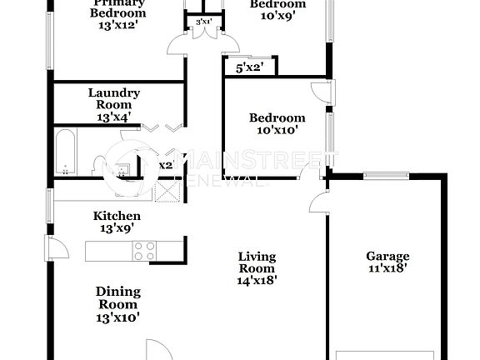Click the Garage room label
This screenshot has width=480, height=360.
387,256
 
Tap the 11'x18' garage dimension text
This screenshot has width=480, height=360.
387,268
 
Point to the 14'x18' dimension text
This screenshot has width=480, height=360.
257,281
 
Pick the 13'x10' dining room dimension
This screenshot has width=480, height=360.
117,317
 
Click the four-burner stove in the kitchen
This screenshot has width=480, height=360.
144,250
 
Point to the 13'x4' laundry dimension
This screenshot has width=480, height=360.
114,118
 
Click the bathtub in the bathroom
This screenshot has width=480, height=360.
66,152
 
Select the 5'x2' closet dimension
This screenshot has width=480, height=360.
248,67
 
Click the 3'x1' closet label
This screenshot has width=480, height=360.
202,21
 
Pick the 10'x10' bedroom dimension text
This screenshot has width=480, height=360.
277,130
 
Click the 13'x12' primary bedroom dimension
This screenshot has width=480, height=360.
117,25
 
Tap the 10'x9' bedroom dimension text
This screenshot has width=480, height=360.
277,16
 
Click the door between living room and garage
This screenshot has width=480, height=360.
317,202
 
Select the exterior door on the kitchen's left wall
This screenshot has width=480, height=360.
55,247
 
